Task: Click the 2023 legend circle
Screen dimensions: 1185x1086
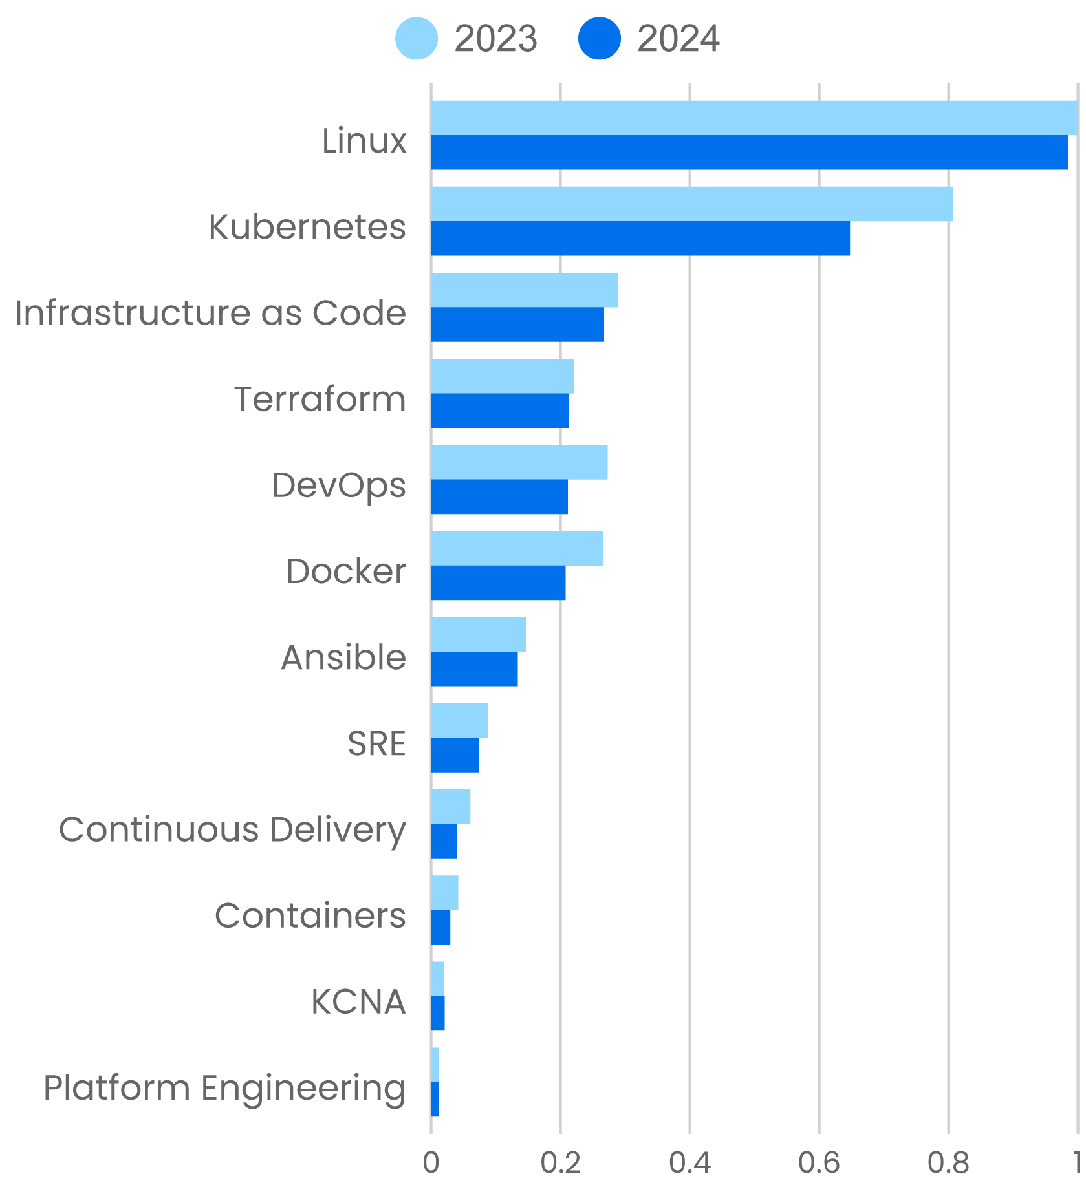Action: click(417, 39)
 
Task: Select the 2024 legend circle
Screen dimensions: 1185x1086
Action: click(600, 39)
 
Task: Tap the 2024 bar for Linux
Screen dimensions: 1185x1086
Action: click(749, 153)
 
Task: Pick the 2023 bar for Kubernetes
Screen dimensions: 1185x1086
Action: click(691, 204)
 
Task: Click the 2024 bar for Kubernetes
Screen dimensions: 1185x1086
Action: click(640, 239)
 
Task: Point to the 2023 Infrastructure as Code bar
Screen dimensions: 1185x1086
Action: click(524, 290)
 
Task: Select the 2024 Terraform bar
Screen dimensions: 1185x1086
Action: click(500, 411)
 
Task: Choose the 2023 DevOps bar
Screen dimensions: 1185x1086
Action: click(519, 462)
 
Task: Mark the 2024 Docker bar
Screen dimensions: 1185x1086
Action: click(498, 582)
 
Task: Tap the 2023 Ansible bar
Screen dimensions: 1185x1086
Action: click(478, 634)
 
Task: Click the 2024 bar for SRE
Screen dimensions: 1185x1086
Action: click(455, 754)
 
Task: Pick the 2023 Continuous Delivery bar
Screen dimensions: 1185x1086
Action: click(451, 807)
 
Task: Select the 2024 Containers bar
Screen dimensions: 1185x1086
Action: click(440, 927)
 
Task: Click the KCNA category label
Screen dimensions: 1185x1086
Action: click(358, 1002)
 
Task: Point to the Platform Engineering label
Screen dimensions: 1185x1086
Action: click(224, 1088)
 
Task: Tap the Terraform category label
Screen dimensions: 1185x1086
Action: click(320, 399)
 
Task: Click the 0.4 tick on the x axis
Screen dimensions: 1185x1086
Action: click(690, 1163)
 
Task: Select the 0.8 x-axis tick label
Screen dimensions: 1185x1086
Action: click(948, 1163)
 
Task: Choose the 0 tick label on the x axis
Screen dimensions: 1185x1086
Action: click(431, 1163)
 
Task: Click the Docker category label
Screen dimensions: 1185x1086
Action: click(346, 571)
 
